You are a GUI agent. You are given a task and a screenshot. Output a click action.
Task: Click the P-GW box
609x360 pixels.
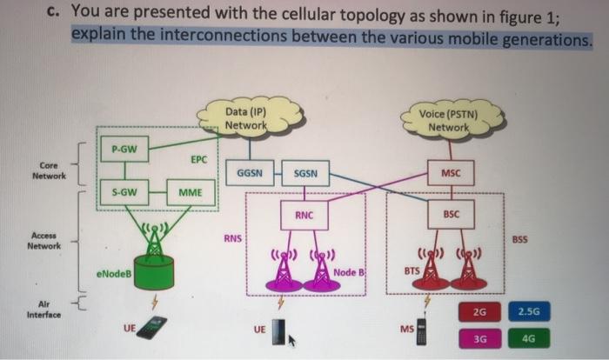pos(124,150)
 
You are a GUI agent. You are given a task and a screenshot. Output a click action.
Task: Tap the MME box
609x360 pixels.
pos(191,191)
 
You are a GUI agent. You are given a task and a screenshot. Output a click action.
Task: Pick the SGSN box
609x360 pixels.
pos(304,172)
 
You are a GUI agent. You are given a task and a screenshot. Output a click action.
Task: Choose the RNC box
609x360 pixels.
pos(304,214)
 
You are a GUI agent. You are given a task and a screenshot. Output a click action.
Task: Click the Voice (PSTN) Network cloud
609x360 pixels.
pos(448,119)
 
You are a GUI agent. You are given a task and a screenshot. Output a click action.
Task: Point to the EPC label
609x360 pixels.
pos(198,160)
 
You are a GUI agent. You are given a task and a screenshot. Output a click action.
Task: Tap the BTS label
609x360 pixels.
pos(412,271)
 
